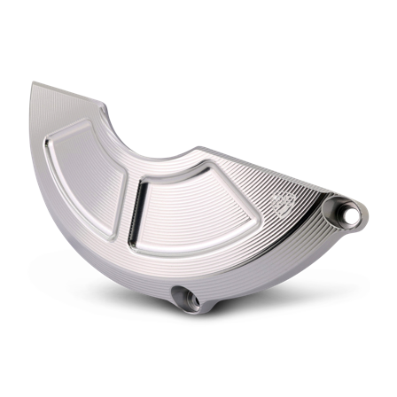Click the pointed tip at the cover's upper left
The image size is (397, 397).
[32, 84]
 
